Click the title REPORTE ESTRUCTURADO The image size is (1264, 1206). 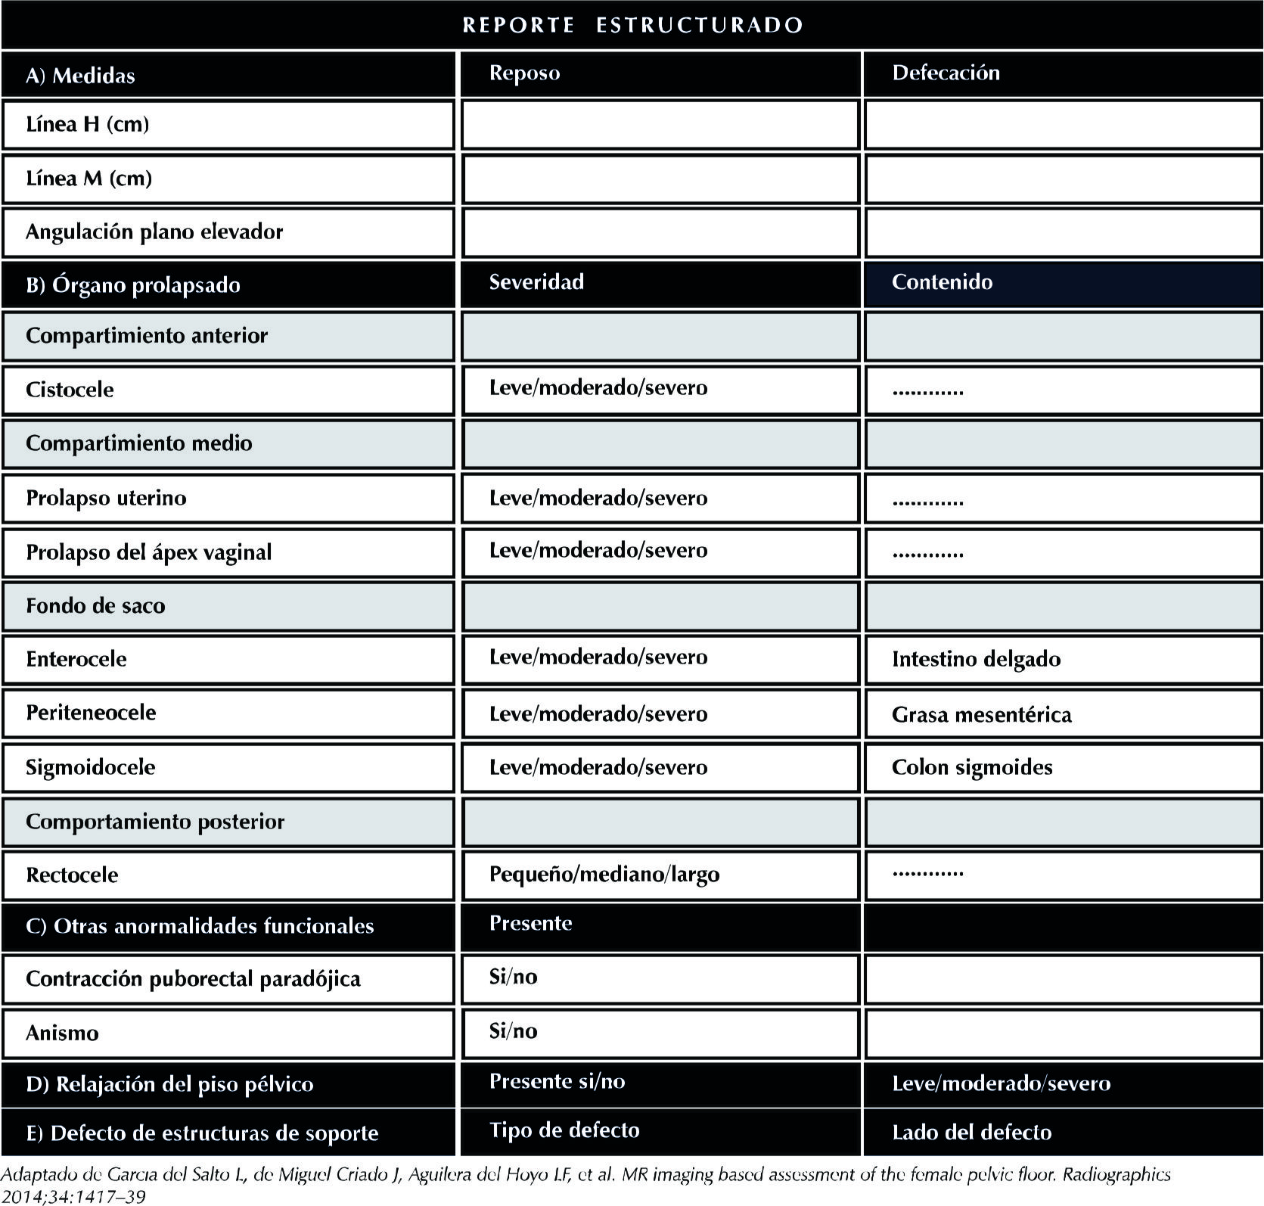coord(632,25)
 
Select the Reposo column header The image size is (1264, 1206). coord(524,73)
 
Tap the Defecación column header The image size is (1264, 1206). coord(946,73)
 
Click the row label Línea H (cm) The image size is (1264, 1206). coord(87,124)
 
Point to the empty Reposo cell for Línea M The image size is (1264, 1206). coord(660,179)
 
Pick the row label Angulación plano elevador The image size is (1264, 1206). coord(154,232)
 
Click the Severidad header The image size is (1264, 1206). coord(536,282)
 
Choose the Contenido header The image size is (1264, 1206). coord(942,282)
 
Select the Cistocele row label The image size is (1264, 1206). coord(70,390)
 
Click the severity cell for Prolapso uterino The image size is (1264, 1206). coord(598,498)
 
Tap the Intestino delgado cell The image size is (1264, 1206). coord(976,659)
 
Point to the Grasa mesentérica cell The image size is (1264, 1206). coord(981,714)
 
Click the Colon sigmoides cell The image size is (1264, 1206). coord(972,767)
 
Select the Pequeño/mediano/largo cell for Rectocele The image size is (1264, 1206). coord(604,875)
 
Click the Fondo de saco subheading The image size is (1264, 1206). coord(95,605)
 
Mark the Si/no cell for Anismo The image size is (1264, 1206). coord(513,1031)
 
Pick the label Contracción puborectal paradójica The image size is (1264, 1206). coord(193,979)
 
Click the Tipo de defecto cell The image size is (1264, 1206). coord(564,1130)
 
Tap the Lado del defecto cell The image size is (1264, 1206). coord(971,1133)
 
